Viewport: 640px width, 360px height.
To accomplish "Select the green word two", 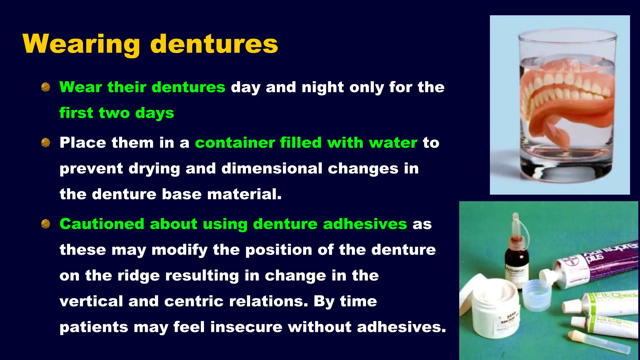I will coord(114,113).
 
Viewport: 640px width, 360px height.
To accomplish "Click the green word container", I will coord(235,143).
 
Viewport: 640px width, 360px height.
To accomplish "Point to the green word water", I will coord(393,143).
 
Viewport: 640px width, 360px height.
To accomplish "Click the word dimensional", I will coord(272,168).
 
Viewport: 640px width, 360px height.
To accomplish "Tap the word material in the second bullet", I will coord(244,194).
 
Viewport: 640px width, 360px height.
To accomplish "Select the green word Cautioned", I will coord(102,224).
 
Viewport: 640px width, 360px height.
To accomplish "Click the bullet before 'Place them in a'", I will coord(46,143).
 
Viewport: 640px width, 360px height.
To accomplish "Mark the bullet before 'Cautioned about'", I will coord(46,224).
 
